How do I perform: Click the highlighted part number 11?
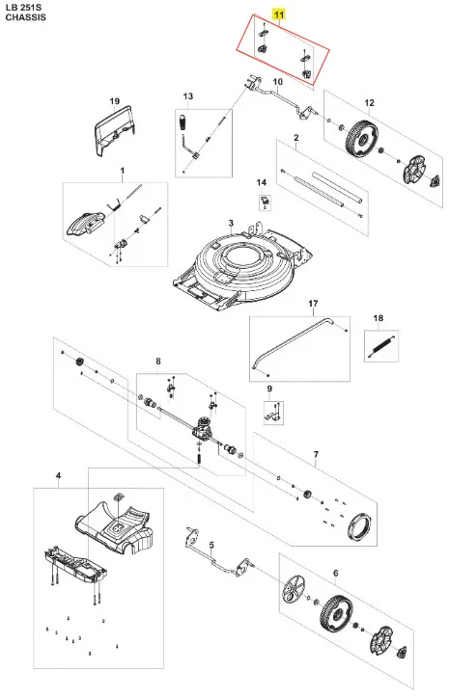click(279, 15)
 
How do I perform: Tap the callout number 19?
click(115, 101)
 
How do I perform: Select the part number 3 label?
click(231, 223)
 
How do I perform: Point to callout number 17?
click(313, 304)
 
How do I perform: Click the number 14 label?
click(261, 183)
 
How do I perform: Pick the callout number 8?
click(158, 362)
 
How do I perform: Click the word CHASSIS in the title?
click(25, 17)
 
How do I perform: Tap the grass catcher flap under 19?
click(113, 130)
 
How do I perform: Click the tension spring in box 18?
click(381, 347)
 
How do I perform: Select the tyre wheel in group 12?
click(361, 137)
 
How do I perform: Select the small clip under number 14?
click(265, 201)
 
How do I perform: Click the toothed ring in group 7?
click(359, 525)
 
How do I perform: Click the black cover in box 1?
click(86, 223)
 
